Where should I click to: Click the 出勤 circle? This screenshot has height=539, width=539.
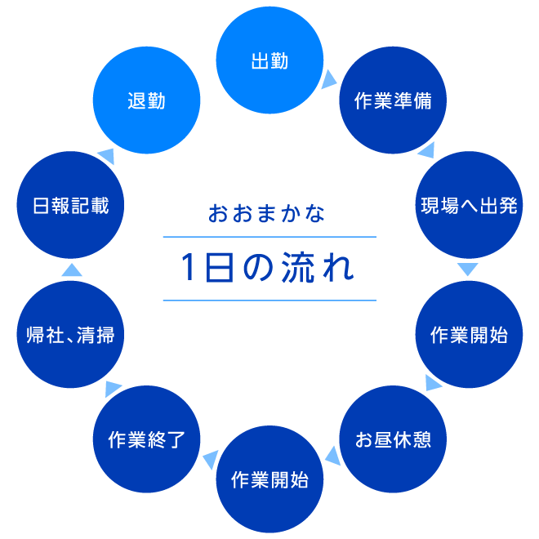pos(269,62)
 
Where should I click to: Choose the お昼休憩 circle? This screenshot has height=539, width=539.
pos(393,439)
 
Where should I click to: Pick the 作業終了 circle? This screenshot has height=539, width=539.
pos(147,439)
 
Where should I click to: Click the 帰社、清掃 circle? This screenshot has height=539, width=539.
pos(70,335)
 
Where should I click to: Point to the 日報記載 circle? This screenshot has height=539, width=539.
pos(70,204)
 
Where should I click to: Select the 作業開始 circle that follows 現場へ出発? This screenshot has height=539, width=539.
pos(469,335)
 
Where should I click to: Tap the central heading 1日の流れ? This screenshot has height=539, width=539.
pos(269,269)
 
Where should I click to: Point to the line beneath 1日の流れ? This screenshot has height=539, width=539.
pos(269,301)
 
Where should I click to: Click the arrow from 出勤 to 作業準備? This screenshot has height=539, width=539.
pos(328,78)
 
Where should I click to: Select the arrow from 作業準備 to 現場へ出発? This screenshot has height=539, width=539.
pos(425,149)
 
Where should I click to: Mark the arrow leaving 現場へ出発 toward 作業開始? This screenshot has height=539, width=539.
pos(467,269)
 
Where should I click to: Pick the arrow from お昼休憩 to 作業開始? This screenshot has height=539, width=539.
pos(332,452)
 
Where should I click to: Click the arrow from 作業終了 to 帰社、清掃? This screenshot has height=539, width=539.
pos(113,387)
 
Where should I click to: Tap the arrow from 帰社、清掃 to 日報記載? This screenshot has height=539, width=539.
pos(72,269)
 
